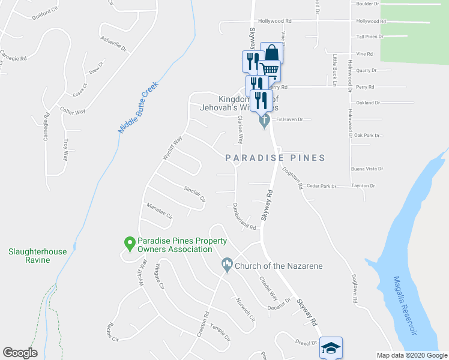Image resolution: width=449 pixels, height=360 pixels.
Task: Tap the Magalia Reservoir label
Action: (403, 305)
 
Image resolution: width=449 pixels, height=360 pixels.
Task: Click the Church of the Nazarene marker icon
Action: (227, 263)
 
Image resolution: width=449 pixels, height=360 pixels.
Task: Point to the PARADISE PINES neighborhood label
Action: (275, 158)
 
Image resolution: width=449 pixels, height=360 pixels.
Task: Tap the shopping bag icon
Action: (271, 53)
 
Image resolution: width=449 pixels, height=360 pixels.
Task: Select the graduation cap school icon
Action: (331, 348)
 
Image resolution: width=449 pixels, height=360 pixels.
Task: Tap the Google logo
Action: (20, 353)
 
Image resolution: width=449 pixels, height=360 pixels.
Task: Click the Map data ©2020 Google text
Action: (411, 355)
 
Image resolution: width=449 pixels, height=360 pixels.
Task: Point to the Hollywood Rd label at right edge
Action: (370, 21)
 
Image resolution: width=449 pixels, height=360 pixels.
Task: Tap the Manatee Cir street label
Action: (160, 211)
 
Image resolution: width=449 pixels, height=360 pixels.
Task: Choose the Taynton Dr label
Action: (363, 186)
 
